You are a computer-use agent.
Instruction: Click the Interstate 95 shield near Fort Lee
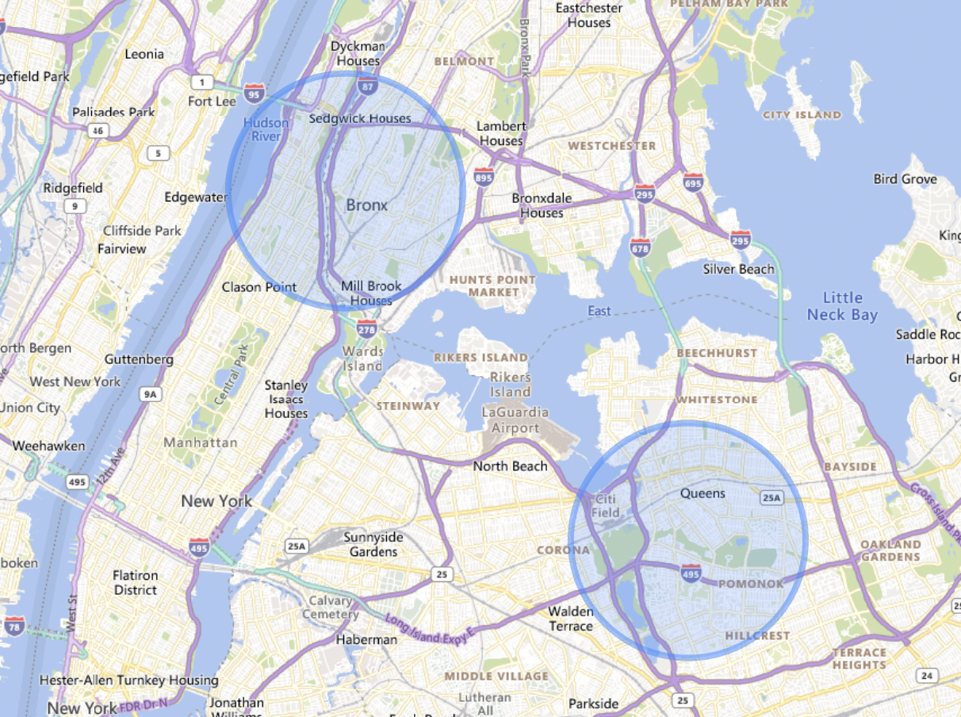coord(255,94)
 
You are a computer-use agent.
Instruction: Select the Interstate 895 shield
coord(484,178)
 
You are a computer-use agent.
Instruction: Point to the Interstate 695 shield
coord(693,183)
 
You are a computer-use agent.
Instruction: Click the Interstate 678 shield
coord(641,247)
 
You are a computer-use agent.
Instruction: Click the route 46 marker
coord(98,130)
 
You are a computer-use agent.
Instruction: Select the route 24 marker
coord(925,675)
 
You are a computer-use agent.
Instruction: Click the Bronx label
coord(367,205)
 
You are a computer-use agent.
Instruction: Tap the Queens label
coord(703,493)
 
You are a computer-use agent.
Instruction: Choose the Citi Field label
coord(604,505)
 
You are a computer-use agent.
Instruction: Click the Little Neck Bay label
coord(842,306)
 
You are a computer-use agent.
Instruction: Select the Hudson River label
coord(266,129)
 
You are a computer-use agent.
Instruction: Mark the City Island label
coord(802,115)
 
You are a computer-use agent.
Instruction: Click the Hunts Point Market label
coord(493,286)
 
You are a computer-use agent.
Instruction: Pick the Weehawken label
coord(48,446)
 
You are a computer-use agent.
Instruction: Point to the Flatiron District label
coord(135,582)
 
